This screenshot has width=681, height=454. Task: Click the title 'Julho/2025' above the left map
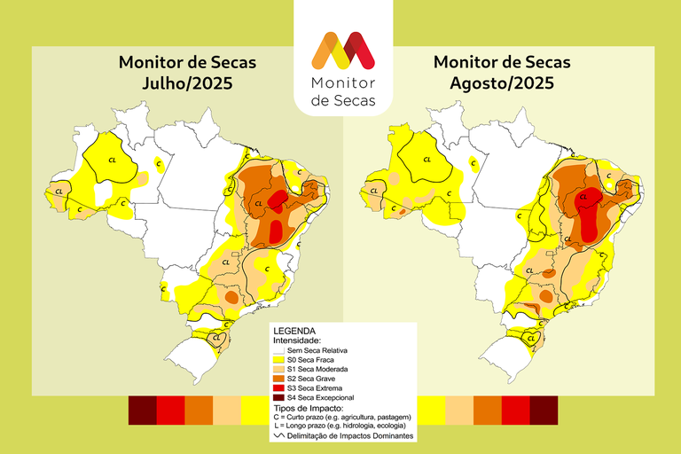[187, 84]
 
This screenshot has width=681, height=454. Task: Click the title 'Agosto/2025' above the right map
[502, 84]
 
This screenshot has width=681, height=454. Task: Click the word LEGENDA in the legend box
[295, 330]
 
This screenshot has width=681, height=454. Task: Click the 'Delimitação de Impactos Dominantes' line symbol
[278, 435]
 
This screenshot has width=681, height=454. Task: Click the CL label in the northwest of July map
[112, 160]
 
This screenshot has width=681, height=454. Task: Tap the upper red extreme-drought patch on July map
[278, 199]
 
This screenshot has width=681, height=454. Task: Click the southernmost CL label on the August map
[532, 337]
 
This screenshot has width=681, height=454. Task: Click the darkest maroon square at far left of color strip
[143, 409]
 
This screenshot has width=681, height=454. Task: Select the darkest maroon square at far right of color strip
[544, 409]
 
